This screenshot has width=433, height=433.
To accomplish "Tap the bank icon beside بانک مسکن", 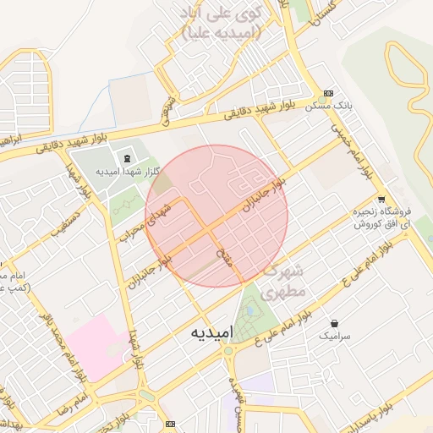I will coord(328,93).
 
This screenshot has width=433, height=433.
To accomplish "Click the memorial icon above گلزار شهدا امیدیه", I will coord(128,159).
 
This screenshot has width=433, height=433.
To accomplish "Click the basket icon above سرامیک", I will coord(336,323).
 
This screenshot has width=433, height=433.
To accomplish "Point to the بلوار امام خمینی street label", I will coord(355,152).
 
